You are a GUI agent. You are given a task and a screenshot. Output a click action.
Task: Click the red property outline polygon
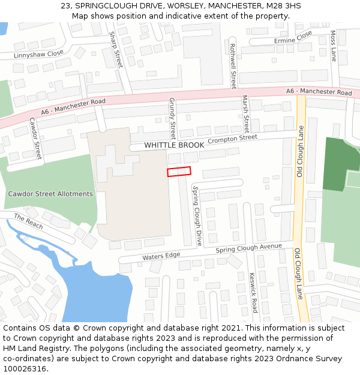click(179, 172)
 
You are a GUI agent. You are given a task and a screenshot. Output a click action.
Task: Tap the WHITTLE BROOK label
click(174, 145)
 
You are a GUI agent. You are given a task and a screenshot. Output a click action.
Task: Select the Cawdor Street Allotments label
click(50, 194)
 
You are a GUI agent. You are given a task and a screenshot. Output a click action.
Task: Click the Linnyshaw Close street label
click(38, 54)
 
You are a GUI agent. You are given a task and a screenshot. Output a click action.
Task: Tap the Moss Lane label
click(333, 47)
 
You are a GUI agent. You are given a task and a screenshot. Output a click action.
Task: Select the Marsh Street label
click(245, 114)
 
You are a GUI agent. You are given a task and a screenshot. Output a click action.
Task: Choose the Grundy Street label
click(172, 118)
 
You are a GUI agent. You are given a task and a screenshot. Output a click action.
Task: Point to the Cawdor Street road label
click(35, 138)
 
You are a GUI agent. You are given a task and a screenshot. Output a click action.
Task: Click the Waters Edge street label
click(161, 256)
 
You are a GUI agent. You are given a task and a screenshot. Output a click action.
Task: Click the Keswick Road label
click(253, 293)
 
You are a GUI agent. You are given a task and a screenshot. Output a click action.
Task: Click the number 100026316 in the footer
click(25, 368)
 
